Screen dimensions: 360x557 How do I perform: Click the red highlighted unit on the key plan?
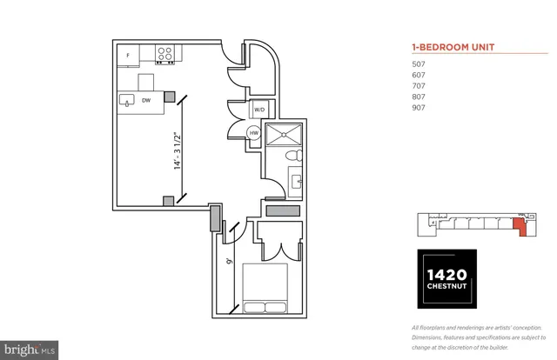[x=520, y=227]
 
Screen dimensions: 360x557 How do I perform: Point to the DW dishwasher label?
[x=145, y=100]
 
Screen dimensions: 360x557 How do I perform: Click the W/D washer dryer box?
[x=259, y=110]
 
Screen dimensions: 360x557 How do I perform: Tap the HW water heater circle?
[x=254, y=133]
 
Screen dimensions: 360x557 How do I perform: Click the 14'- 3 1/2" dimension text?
[x=177, y=152]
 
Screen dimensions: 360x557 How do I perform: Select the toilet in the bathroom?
[x=293, y=157]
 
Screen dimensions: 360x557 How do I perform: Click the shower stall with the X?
[x=283, y=134]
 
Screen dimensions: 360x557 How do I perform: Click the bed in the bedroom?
[x=265, y=291]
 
